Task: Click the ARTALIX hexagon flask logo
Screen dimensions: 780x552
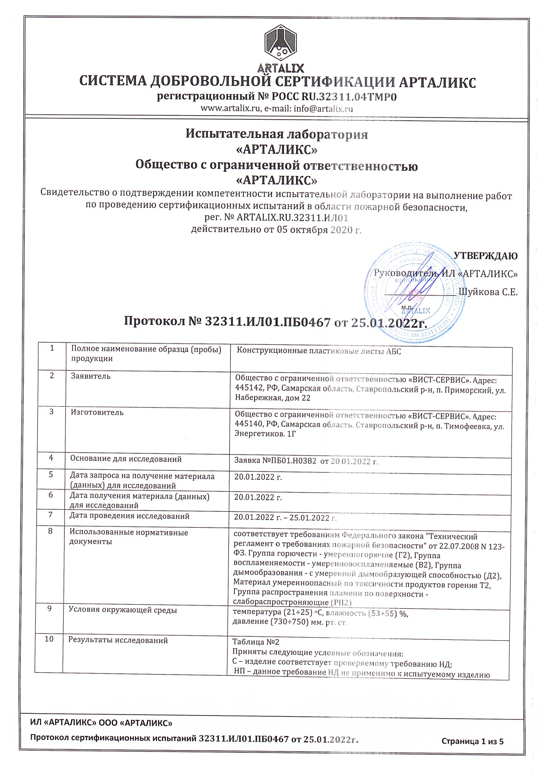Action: click(281, 44)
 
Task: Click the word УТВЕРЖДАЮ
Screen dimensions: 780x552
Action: click(485, 256)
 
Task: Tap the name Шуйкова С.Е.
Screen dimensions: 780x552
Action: click(488, 292)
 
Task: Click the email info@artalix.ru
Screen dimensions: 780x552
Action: click(323, 109)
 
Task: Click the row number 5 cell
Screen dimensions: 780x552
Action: click(51, 475)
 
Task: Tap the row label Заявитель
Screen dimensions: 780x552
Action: click(91, 376)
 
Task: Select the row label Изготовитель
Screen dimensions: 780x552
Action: click(97, 412)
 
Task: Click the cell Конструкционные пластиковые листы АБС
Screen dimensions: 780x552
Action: click(319, 351)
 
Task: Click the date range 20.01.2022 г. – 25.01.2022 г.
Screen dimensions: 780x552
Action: click(285, 517)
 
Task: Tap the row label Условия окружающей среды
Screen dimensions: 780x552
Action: click(123, 610)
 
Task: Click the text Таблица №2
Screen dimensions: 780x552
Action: click(256, 642)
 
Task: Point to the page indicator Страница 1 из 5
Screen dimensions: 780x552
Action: click(472, 741)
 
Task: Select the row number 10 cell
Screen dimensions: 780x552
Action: click(49, 639)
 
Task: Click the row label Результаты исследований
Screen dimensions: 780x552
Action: click(118, 640)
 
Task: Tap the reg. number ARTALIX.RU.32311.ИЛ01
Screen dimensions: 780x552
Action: click(292, 218)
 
